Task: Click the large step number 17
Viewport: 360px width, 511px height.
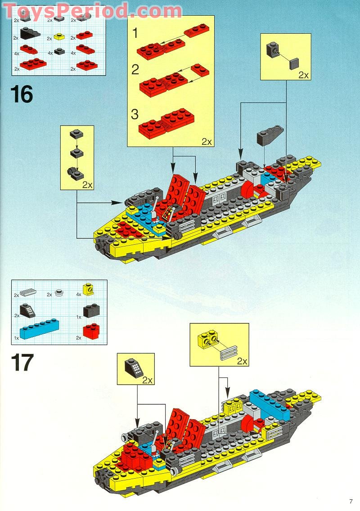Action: point(22,363)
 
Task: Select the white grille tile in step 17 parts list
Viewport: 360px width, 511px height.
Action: point(28,292)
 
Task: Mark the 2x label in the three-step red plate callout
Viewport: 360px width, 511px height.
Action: point(206,141)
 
